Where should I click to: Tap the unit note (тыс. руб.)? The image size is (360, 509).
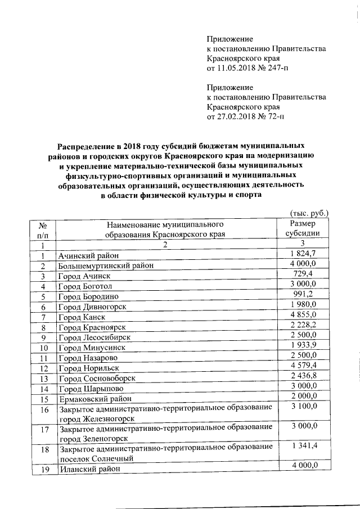pos(308,214)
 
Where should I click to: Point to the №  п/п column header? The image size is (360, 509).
pos(42,229)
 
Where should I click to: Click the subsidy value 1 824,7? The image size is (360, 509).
pos(304,255)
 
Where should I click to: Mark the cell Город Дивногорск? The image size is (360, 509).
pos(91,307)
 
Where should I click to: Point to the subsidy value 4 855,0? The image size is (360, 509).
pos(304,314)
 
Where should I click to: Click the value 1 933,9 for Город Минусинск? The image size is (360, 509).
pos(304,344)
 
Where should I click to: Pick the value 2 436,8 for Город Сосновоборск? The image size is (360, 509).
pos(304,375)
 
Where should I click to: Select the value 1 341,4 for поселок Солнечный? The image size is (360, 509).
pos(304,447)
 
